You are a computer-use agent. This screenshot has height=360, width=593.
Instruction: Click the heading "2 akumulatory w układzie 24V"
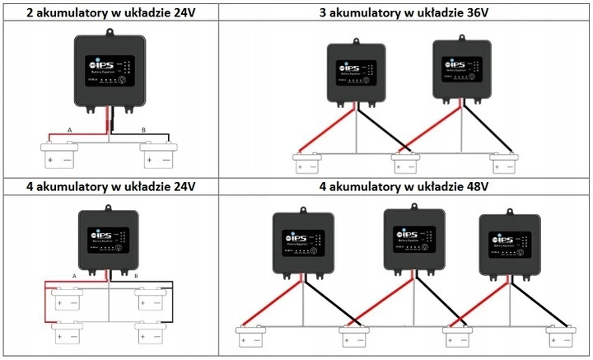point(109,12)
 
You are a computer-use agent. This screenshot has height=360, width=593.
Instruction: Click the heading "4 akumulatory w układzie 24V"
point(109,185)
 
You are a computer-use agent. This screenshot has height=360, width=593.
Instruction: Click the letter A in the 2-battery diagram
point(70,130)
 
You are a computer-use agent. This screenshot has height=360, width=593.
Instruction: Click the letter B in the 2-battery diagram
point(144,130)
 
